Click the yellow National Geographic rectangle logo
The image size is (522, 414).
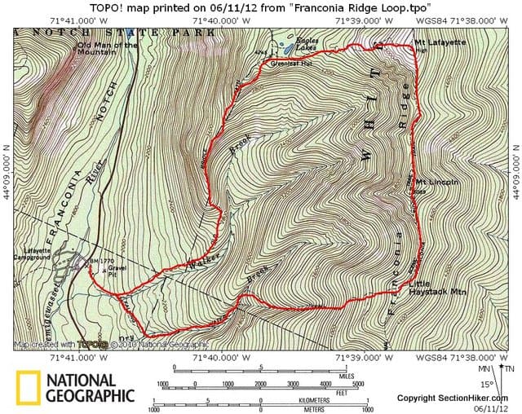pos(28,388)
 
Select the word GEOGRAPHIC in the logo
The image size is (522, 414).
pos(90,396)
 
